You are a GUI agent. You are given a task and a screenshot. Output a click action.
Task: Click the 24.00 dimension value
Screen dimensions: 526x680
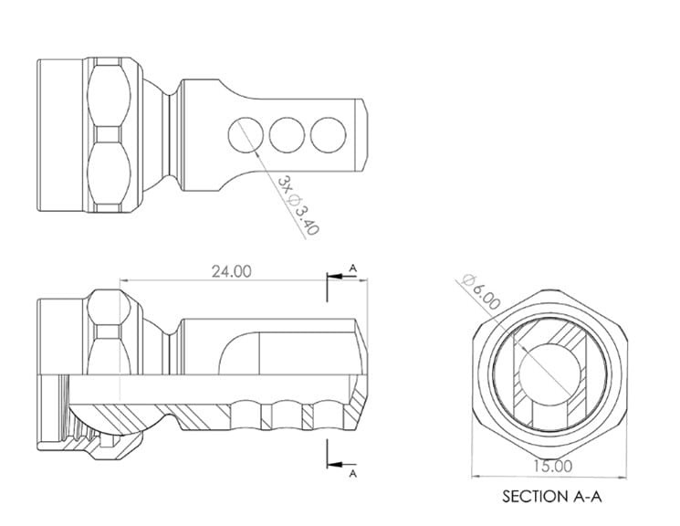click(x=232, y=271)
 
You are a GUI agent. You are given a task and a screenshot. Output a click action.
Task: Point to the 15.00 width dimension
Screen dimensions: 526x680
click(x=550, y=466)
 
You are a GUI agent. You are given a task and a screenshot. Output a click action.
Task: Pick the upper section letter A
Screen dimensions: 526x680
click(x=352, y=268)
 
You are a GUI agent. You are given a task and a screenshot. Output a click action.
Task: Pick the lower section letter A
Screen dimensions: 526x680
click(x=352, y=474)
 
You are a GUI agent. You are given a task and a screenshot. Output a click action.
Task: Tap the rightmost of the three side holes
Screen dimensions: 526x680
click(x=326, y=134)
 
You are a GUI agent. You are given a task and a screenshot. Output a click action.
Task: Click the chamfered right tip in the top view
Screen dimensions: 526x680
click(x=364, y=133)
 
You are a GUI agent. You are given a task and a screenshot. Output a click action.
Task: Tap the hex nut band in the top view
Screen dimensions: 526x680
click(x=115, y=133)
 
